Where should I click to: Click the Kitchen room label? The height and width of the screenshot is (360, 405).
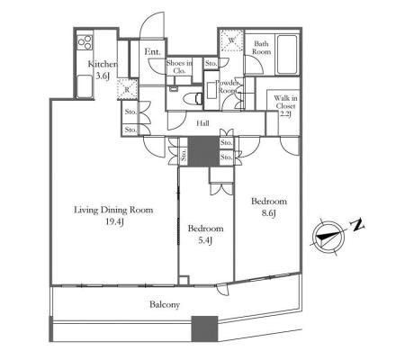(103, 64)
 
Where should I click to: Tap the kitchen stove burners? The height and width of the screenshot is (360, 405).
(85, 42)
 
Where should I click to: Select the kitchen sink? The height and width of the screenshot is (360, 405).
(85, 86)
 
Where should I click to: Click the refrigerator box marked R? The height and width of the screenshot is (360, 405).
(127, 89)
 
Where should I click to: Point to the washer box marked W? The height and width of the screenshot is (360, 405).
(232, 40)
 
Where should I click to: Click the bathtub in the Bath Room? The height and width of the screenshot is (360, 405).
(287, 54)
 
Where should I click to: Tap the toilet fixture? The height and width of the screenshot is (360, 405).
(193, 98)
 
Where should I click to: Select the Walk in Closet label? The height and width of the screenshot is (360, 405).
(285, 106)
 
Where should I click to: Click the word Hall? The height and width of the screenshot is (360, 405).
(202, 123)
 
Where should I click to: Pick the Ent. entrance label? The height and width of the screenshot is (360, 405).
(152, 51)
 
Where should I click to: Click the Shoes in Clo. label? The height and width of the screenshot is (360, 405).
(179, 67)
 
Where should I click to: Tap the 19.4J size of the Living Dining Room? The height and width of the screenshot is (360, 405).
(114, 222)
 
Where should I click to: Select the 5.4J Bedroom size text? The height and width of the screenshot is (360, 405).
(205, 240)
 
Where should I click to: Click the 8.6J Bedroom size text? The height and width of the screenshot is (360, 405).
(269, 213)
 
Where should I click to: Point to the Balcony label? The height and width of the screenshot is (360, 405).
(165, 305)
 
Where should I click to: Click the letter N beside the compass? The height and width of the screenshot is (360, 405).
(357, 225)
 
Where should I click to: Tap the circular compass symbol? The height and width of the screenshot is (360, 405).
(328, 238)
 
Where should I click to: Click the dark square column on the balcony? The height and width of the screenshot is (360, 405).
(204, 328)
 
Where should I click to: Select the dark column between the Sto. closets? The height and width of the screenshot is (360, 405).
(203, 151)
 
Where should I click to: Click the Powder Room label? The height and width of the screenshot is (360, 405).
(228, 86)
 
